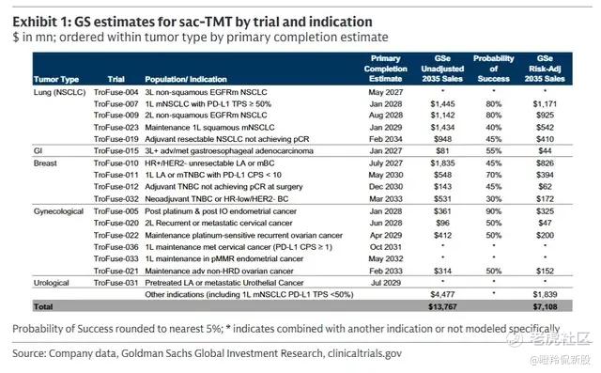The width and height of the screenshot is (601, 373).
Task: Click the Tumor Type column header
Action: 56,79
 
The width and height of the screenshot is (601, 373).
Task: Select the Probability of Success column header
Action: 494,69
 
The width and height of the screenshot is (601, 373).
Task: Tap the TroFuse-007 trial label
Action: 116,104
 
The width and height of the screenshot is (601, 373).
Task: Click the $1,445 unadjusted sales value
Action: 442,104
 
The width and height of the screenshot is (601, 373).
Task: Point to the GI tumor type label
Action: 38,151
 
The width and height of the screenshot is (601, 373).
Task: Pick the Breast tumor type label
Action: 45,163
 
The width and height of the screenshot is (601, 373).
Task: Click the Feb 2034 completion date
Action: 386,139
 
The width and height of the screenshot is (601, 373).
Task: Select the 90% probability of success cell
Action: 494,211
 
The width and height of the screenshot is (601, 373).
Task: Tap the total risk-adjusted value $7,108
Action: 545,306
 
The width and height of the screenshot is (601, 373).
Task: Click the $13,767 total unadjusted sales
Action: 442,306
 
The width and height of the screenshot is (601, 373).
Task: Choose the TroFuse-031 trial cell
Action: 116,283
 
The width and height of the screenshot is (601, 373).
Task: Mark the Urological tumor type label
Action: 52,283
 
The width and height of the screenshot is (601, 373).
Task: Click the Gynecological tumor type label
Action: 58,211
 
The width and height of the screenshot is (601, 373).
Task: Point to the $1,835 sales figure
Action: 442,163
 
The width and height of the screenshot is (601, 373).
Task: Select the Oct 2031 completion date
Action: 386,247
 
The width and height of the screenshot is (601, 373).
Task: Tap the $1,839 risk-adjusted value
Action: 545,295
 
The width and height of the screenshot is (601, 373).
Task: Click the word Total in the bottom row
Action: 43,306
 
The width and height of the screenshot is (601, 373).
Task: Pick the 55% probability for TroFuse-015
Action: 494,151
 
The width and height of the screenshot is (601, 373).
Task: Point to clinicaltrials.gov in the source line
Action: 364,353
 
